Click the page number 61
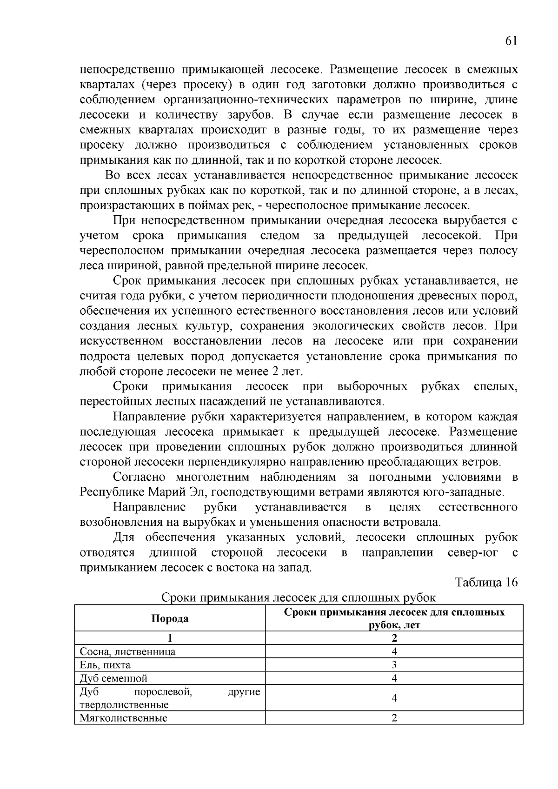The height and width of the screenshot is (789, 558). pos(511,41)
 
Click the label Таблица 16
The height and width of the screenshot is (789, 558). pos(486,582)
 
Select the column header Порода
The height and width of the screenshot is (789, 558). pos(170,618)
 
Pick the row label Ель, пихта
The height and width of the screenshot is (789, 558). pos(105,664)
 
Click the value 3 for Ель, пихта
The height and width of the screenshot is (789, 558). pos(394,664)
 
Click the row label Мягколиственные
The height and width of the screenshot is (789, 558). pos(123,718)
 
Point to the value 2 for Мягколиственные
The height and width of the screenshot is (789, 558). pos(394,718)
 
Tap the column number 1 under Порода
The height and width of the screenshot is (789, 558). pos(170,638)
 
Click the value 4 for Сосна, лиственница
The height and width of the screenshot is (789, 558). pos(394,651)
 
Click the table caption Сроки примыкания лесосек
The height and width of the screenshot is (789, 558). pos(298,597)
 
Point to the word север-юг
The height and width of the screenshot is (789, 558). pos(472,553)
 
